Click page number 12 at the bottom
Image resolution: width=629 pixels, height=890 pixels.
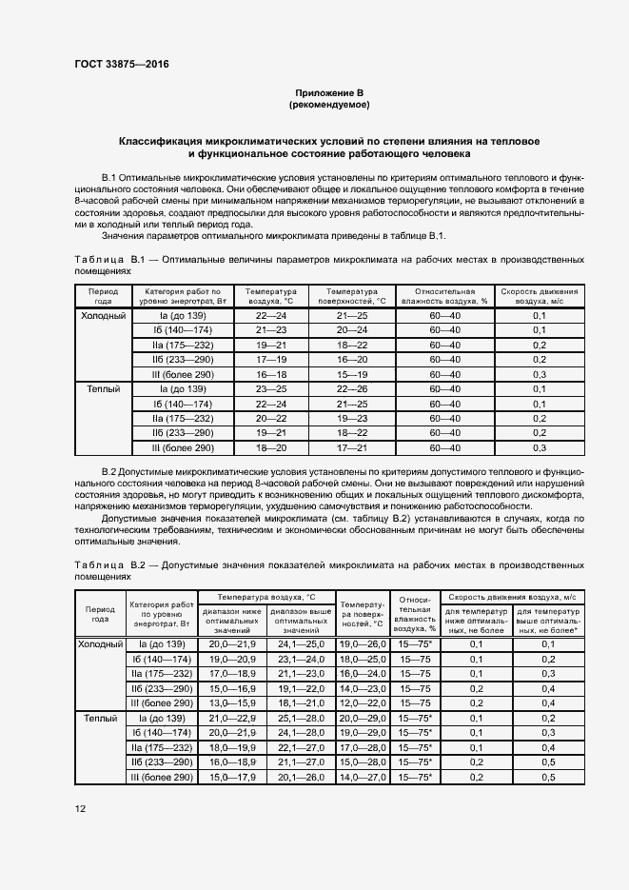click(x=81, y=809)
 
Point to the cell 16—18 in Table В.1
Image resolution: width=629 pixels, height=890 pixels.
click(x=270, y=375)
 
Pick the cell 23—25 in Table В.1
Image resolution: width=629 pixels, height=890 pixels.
click(x=270, y=389)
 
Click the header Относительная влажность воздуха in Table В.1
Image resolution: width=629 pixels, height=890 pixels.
click(x=443, y=294)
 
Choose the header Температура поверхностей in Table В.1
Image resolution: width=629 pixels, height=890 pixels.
click(x=356, y=294)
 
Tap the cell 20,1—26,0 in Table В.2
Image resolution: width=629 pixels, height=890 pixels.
click(x=301, y=778)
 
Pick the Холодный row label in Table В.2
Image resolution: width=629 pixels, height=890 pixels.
click(x=100, y=644)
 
